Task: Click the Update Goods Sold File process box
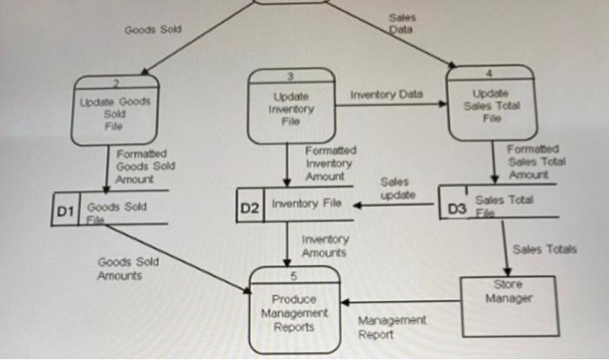pos(115,110)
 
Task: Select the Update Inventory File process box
pos(291,106)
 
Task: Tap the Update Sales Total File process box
pos(492,103)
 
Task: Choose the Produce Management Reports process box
pos(294,310)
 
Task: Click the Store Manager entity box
pos(510,306)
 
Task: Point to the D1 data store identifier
pos(65,211)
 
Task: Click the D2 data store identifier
pos(250,208)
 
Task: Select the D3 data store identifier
pos(457,209)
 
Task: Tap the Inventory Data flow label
pos(386,95)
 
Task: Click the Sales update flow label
pos(398,189)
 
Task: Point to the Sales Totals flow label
pos(545,249)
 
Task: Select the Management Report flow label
pos(391,327)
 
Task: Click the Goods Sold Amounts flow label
pos(128,269)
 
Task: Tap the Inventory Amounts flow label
pos(325,246)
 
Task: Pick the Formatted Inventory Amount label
pos(331,163)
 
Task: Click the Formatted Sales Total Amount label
pos(537,162)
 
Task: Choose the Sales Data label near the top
pos(402,23)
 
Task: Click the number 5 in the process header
pos(294,276)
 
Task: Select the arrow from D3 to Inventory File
pos(393,204)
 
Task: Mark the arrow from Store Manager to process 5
pos(401,302)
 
